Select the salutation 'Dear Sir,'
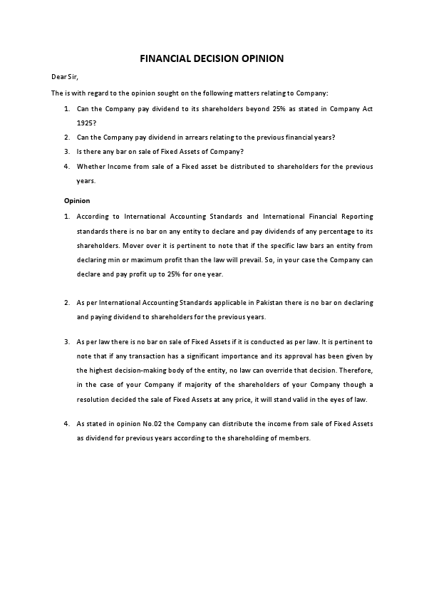pos(63,76)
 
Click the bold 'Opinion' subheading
pos(77,200)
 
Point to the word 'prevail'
pos(259,259)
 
